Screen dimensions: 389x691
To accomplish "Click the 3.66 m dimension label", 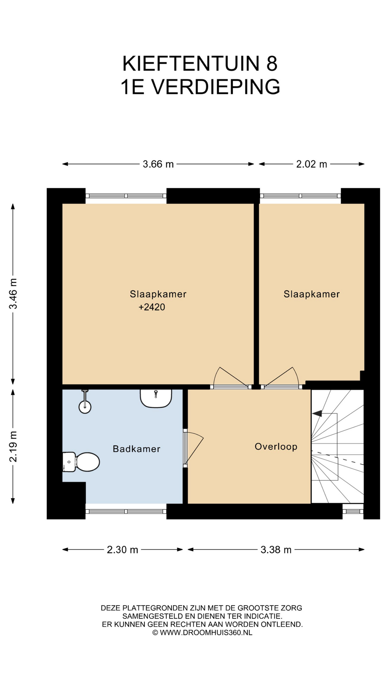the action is point(158,164).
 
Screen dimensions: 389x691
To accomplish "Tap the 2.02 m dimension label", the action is point(312,164).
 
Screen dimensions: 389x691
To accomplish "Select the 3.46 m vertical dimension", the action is point(13,294).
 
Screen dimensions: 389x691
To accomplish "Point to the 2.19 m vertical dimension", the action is point(13,446).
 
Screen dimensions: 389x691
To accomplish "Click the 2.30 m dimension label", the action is point(122,550).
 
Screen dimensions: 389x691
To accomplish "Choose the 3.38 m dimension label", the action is point(276,550).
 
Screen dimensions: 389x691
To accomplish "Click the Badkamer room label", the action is point(137,449).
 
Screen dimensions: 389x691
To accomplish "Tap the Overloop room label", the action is point(276,447).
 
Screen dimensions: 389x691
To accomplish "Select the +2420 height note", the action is point(152,307).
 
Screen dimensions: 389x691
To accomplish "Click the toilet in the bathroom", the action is point(81,462).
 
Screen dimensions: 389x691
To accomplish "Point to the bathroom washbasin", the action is point(156,398).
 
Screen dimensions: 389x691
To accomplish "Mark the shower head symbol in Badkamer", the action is point(85,402).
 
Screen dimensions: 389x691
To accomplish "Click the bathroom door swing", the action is point(194,448).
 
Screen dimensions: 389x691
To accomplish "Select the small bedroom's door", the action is point(280,378).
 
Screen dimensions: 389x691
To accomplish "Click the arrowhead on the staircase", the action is point(317,414).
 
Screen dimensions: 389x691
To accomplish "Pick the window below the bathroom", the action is point(126,511).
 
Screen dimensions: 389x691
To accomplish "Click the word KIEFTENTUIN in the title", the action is point(191,64).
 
